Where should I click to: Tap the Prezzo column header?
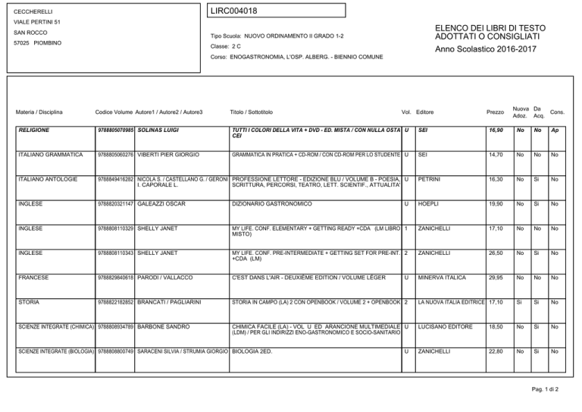(493, 112)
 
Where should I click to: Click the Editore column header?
(425, 112)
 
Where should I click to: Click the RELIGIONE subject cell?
(35, 130)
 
